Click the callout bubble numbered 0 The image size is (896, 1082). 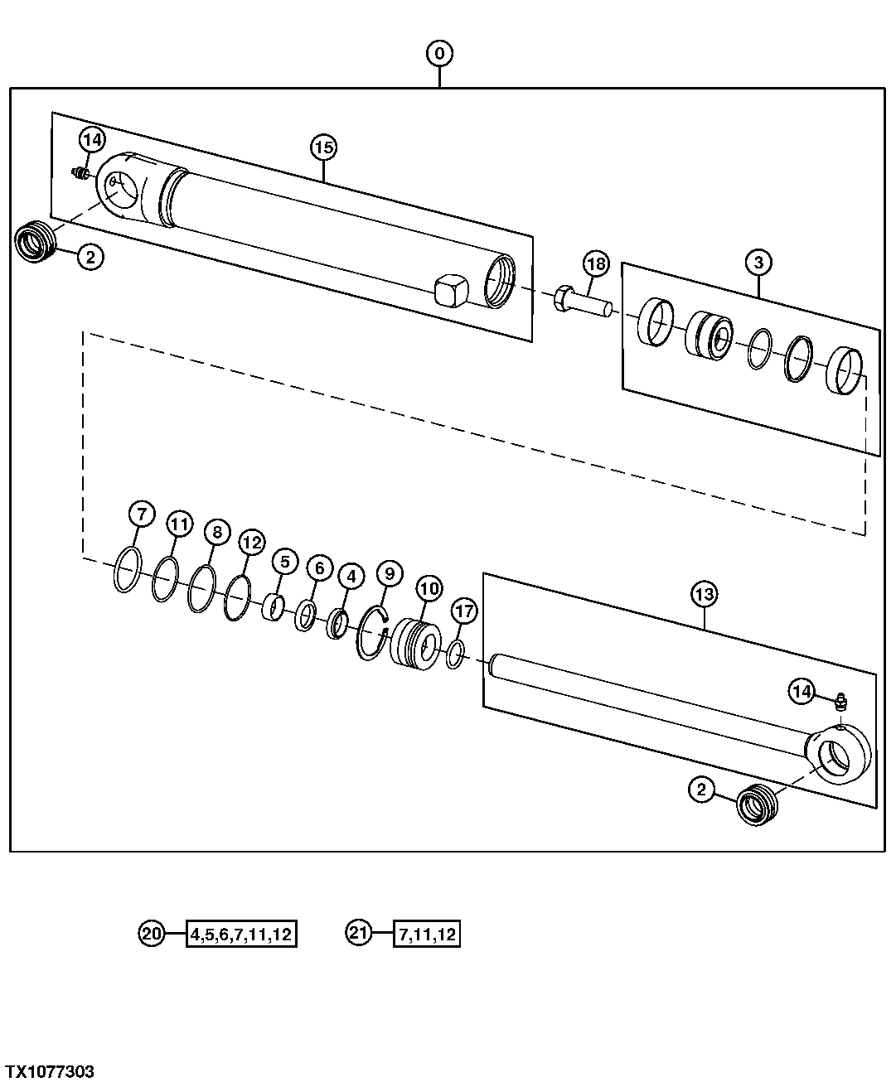click(439, 54)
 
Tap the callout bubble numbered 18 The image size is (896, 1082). click(595, 264)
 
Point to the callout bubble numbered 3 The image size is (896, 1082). click(758, 263)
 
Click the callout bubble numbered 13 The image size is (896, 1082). click(705, 594)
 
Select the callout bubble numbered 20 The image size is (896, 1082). click(152, 934)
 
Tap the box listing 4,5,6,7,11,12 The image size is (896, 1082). click(241, 935)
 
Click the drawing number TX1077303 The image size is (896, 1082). click(48, 1072)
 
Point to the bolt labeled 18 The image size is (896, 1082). click(584, 302)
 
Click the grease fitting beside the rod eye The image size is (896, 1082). click(840, 703)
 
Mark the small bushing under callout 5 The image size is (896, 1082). click(274, 608)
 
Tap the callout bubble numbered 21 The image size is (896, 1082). click(357, 934)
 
